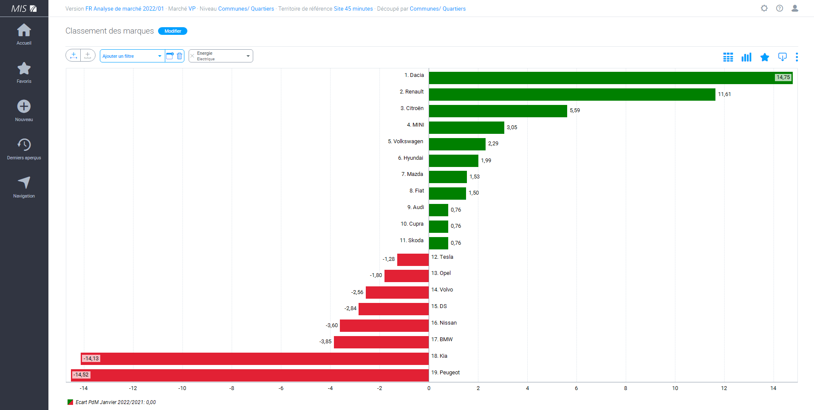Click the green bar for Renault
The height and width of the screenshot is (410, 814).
pyautogui.click(x=572, y=94)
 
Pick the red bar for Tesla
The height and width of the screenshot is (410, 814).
pyautogui.click(x=413, y=260)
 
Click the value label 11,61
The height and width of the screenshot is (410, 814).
pyautogui.click(x=724, y=94)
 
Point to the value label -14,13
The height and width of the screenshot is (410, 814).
pyautogui.click(x=91, y=359)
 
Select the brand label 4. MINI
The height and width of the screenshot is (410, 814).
pyautogui.click(x=415, y=125)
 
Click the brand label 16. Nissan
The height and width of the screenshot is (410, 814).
pyautogui.click(x=444, y=323)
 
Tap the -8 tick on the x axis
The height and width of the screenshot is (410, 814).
pyautogui.click(x=232, y=388)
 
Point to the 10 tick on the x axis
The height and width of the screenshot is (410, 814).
pyautogui.click(x=675, y=388)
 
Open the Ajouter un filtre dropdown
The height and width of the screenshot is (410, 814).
pyautogui.click(x=132, y=56)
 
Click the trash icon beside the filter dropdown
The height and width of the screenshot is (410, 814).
pyautogui.click(x=180, y=56)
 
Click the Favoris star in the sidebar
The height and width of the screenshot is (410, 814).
pyautogui.click(x=24, y=69)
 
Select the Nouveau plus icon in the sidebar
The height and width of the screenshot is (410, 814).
pyautogui.click(x=24, y=107)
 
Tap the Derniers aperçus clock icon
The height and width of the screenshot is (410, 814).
pyautogui.click(x=24, y=145)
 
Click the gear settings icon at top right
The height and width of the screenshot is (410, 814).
pyautogui.click(x=764, y=8)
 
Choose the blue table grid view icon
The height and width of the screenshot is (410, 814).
pyautogui.click(x=728, y=57)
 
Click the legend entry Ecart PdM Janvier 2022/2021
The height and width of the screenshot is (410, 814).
pyautogui.click(x=115, y=402)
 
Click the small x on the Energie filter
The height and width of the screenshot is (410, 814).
pyautogui.click(x=192, y=56)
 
